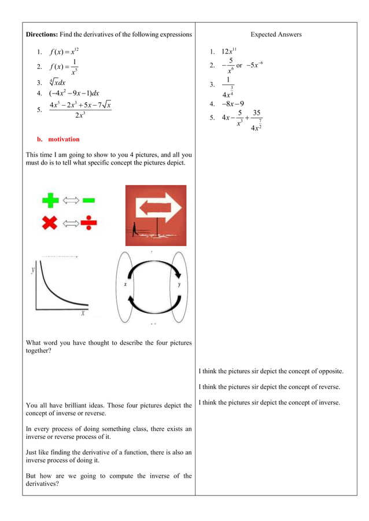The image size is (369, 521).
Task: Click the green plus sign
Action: point(50,200)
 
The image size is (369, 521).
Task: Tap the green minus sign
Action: point(88,200)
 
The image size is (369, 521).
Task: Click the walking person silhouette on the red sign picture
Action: point(134,229)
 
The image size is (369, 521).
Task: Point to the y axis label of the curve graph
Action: point(34,269)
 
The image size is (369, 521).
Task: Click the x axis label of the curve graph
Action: point(83,313)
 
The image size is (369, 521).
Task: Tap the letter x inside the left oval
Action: point(126,285)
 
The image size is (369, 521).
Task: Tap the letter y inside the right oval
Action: point(179,285)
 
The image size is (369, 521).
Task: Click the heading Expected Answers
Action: point(276,35)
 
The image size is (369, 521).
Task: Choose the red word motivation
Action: point(64,139)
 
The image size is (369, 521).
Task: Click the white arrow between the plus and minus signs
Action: point(69,200)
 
